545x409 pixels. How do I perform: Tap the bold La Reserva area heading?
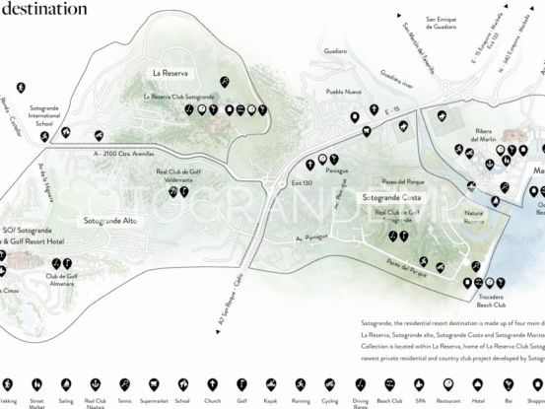coord(170,73)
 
